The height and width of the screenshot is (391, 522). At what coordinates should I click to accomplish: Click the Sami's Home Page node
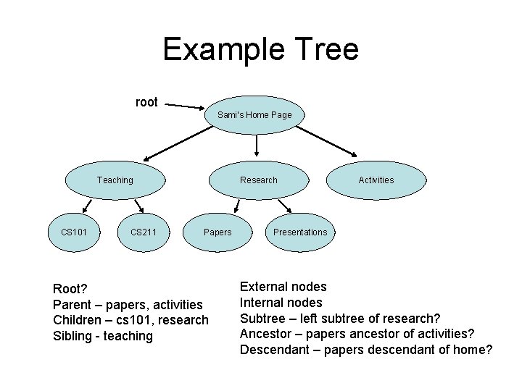pos(254,115)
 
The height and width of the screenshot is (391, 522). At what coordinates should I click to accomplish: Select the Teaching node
pos(115,180)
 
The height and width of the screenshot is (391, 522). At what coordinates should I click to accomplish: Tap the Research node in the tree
pos(259,180)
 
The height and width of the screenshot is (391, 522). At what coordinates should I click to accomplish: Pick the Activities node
pos(376,180)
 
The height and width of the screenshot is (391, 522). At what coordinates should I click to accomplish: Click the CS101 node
pos(74,232)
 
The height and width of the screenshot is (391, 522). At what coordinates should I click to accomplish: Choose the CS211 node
pos(144,232)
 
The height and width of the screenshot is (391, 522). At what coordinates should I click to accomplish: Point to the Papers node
pos(217,232)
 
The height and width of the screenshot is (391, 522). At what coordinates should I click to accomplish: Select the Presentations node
pos(300,232)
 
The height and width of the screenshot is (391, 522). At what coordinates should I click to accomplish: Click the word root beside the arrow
pos(146,102)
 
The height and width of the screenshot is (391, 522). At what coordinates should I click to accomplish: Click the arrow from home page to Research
pos(257,145)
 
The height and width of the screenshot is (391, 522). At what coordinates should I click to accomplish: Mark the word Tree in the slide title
pos(326,50)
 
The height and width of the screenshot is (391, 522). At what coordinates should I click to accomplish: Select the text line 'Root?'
pos(70,289)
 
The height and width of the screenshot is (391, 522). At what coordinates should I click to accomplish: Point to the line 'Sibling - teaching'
pos(103,336)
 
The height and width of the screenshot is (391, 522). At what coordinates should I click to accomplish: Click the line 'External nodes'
pos(283,287)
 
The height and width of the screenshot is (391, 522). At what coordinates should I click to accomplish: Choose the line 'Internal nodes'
pos(281,303)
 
